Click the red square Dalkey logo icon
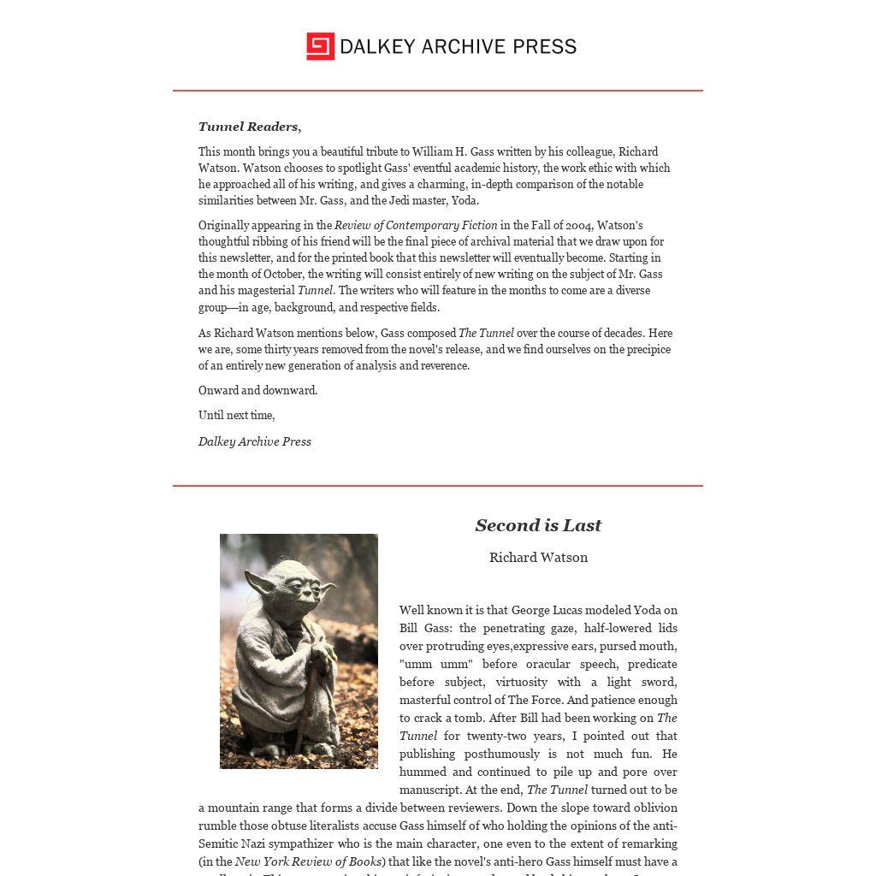pos(320,46)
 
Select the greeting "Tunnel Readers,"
pos(250,127)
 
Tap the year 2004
pos(578,225)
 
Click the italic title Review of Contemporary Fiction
pos(416,225)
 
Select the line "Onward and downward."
pos(257,390)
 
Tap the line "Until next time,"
pos(237,415)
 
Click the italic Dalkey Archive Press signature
pos(255,441)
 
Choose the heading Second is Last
pos(538,525)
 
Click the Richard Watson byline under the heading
pos(538,557)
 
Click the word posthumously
pos(502,754)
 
